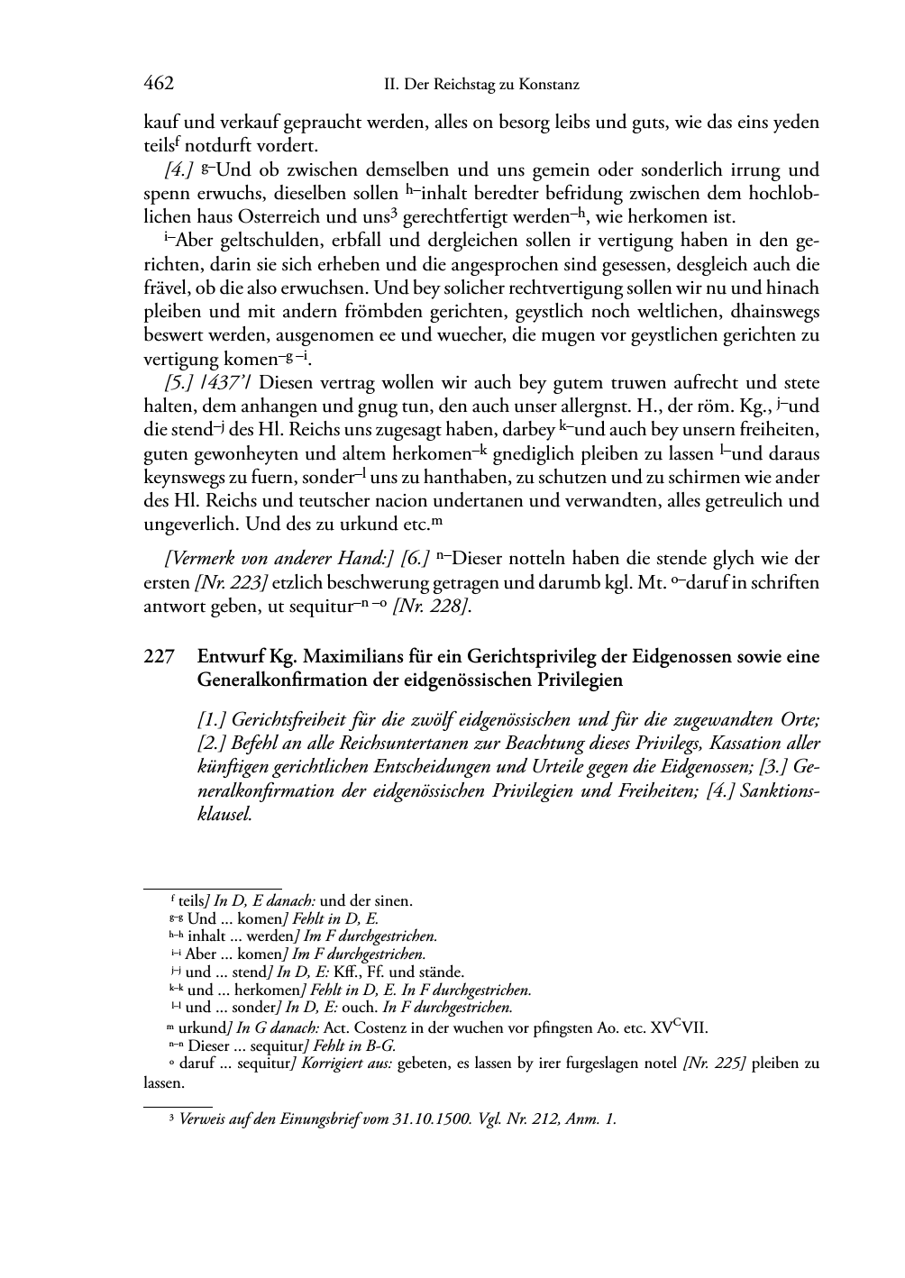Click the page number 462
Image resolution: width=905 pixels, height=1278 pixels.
(x=159, y=84)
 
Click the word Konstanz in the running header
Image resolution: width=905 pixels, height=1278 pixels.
(x=546, y=85)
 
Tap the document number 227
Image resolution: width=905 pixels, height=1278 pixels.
(x=159, y=658)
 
